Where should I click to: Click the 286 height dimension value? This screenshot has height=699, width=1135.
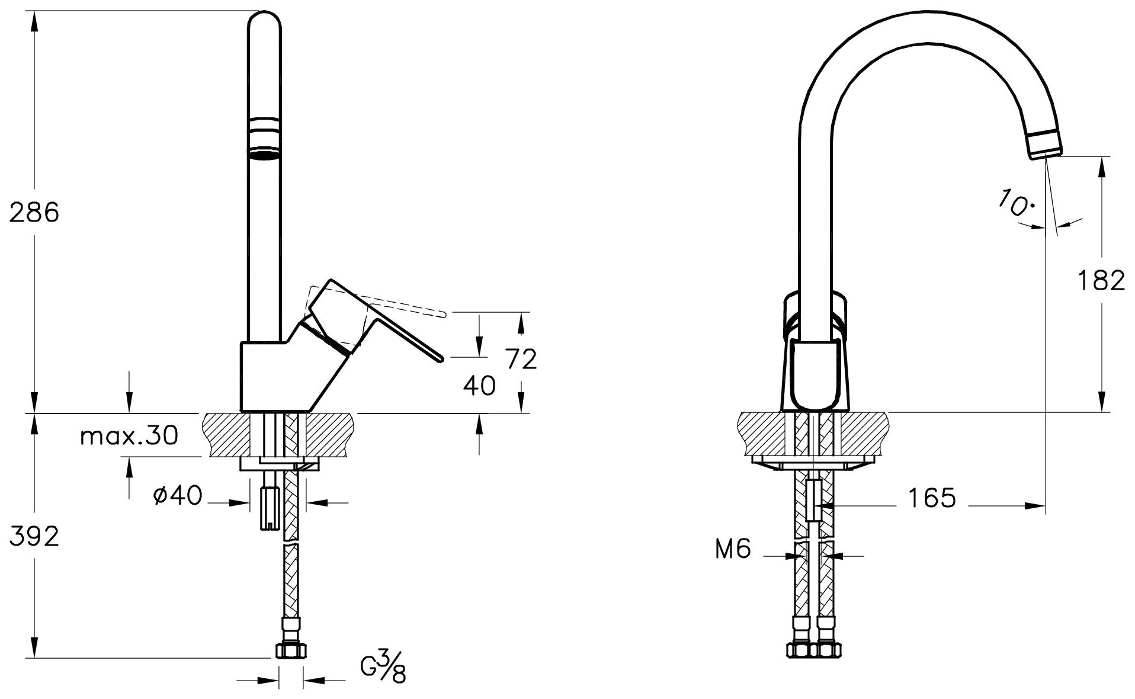(x=34, y=211)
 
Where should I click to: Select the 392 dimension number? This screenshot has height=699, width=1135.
(x=34, y=537)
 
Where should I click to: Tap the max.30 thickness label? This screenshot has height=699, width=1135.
(x=129, y=437)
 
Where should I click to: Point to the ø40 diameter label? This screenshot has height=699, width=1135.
(x=177, y=495)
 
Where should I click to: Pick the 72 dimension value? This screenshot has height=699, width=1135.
(x=521, y=359)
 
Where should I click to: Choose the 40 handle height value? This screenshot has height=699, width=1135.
(x=479, y=386)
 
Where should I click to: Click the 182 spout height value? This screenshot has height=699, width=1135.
(x=1101, y=280)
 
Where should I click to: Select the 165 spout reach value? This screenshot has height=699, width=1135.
(x=932, y=498)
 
